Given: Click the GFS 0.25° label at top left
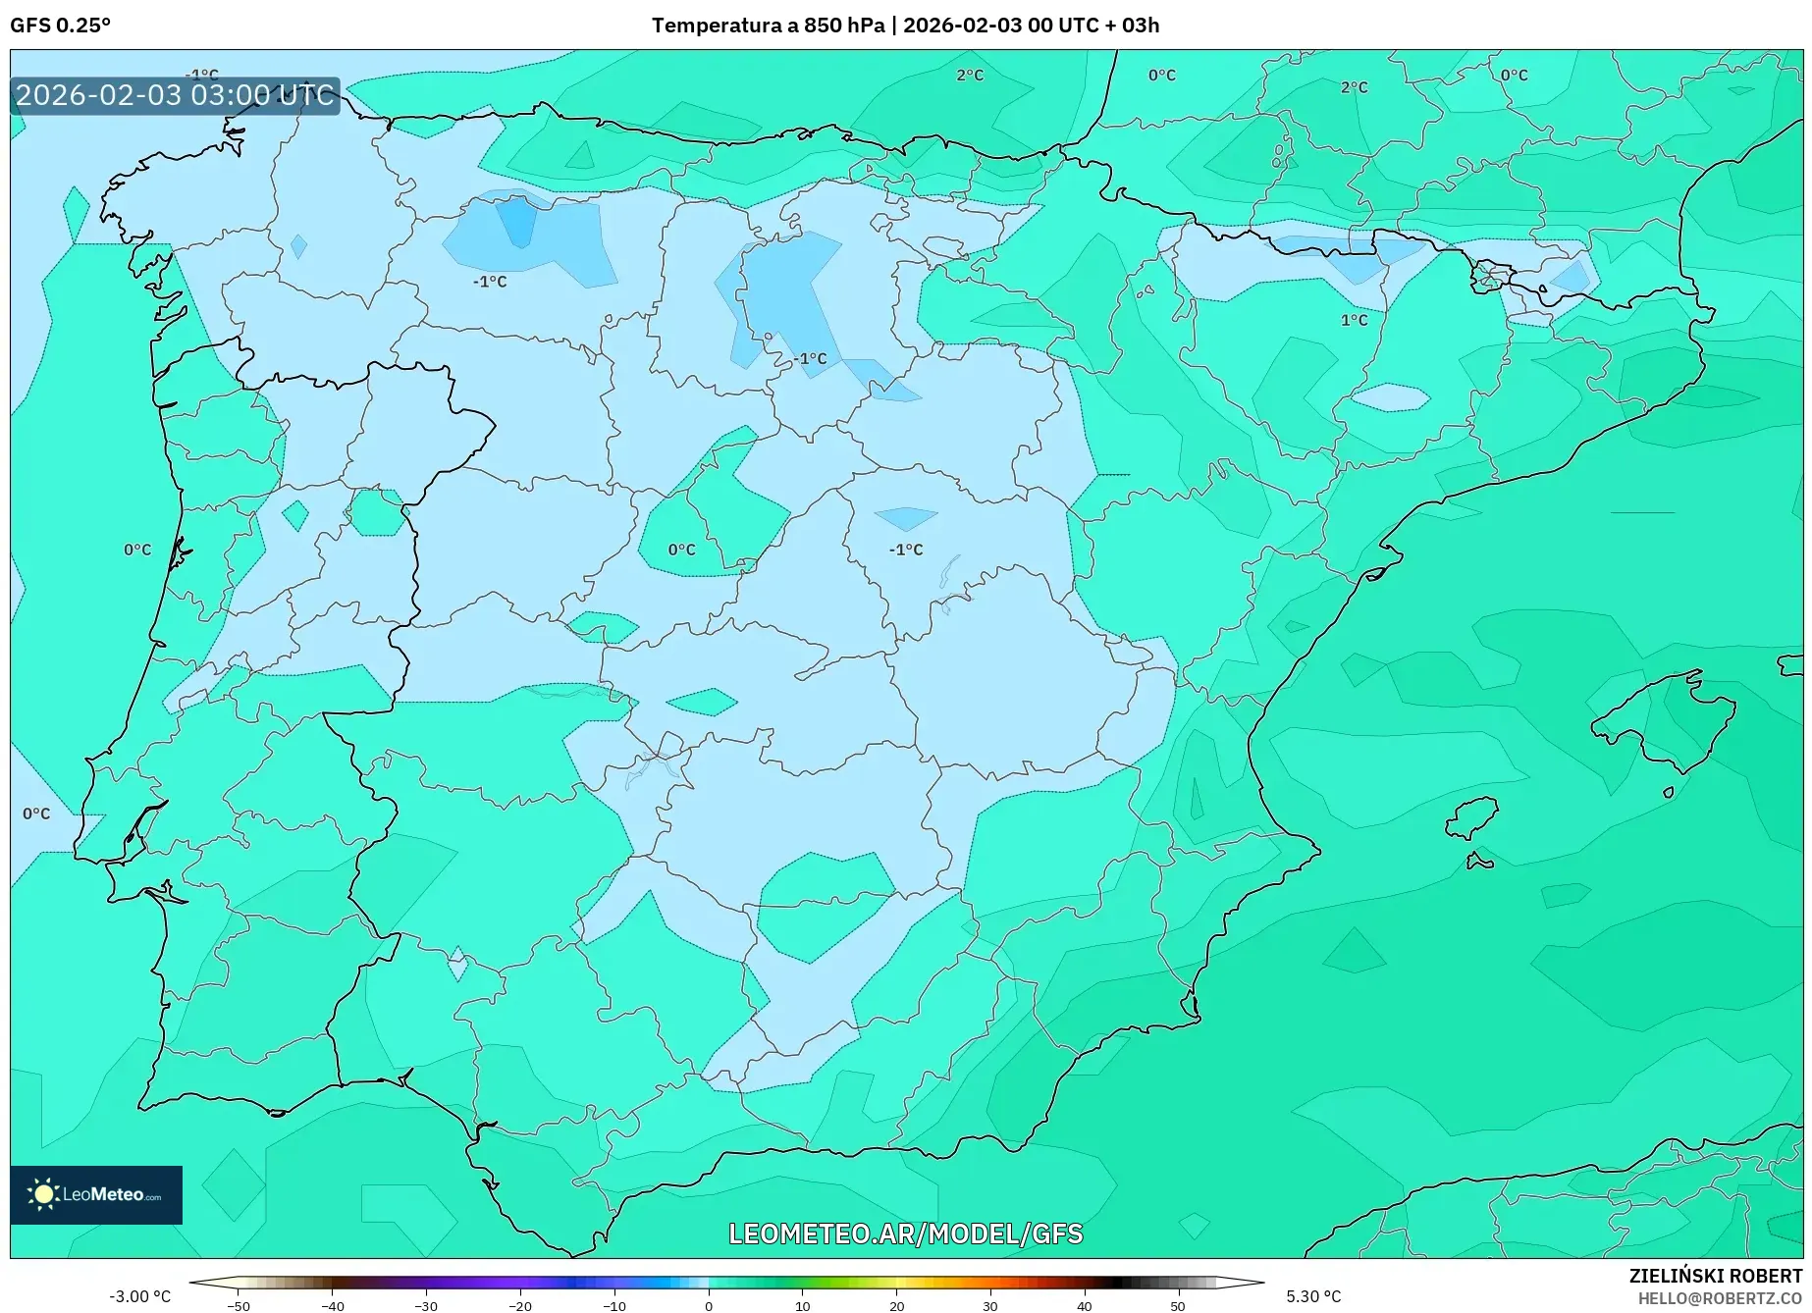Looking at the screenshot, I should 60,26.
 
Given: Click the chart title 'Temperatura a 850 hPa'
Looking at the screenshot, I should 767,26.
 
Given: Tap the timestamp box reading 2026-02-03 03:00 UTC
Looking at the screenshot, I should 175,95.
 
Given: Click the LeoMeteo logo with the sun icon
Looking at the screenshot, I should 96,1194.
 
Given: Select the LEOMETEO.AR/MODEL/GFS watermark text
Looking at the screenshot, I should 905,1234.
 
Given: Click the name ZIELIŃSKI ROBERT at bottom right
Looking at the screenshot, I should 1715,1276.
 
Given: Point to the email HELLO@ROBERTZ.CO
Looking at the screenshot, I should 1719,1298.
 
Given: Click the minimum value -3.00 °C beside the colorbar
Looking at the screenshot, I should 139,1296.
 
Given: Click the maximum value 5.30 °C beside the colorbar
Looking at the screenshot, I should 1313,1296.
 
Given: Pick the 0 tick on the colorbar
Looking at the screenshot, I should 709,1306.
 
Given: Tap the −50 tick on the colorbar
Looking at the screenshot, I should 238,1306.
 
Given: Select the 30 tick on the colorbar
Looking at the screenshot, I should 990,1306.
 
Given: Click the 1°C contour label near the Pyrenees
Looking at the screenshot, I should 1354,320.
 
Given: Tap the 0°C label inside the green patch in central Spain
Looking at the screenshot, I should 681,550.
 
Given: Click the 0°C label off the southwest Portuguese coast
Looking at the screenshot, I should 36,814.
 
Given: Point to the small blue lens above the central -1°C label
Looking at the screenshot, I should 905,518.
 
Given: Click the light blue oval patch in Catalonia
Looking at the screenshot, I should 1391,396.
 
